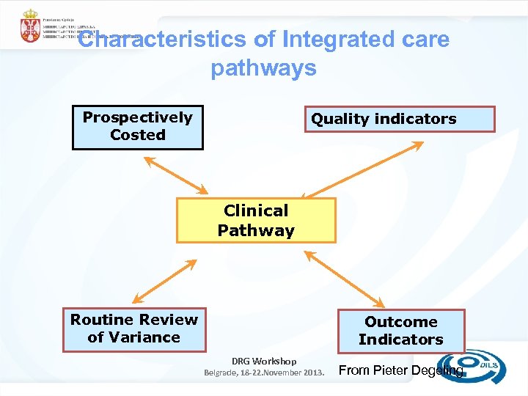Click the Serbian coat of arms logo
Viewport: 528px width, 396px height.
30,26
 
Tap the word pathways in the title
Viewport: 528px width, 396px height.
263,68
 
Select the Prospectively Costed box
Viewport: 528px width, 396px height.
138,128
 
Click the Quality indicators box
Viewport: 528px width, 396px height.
400,119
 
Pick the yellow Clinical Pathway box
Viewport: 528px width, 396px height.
256,220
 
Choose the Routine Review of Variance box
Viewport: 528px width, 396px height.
134,329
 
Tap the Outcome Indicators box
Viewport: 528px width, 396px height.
400,331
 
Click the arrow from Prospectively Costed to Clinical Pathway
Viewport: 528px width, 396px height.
171,175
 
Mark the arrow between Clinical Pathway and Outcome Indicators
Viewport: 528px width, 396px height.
344,279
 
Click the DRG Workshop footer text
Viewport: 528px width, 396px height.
264,361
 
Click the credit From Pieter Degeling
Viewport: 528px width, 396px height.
400,370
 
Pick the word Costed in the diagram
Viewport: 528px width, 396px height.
138,135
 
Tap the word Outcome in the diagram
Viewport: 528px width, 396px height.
400,322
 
